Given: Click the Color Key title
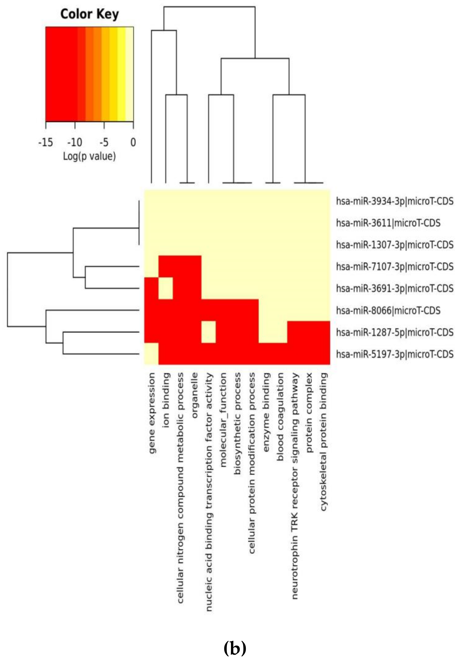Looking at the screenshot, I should [90, 14].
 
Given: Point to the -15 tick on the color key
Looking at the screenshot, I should [45, 142].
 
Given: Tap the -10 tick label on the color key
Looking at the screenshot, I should [75, 142].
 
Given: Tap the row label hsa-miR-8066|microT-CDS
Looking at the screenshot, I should [388, 310].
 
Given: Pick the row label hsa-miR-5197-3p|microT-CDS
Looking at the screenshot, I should [395, 354].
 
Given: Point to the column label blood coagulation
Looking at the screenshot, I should [280, 417].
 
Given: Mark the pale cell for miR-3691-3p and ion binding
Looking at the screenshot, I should [165, 288].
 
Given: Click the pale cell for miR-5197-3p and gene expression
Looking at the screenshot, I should [151, 354].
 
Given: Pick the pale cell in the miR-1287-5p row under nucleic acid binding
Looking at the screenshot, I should [208, 332].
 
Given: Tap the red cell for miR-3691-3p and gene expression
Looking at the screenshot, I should [151, 288].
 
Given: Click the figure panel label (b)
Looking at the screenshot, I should [235, 648].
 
